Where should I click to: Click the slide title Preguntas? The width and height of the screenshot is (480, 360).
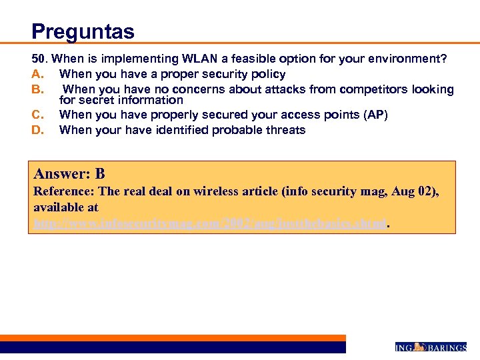[83, 31]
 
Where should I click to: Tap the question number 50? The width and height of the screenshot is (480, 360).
[40, 59]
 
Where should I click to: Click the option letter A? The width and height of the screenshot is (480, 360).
[37, 74]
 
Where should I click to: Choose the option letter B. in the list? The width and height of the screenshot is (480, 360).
[37, 89]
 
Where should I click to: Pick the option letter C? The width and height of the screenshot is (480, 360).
[37, 115]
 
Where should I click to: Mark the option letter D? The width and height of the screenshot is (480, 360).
[37, 130]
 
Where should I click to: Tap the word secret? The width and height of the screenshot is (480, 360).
[96, 100]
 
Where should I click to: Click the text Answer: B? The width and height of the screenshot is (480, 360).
[69, 175]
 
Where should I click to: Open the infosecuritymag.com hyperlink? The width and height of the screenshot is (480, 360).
[210, 225]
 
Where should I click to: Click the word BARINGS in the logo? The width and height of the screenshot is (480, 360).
[446, 347]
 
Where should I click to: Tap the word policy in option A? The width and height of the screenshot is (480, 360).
[267, 74]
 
